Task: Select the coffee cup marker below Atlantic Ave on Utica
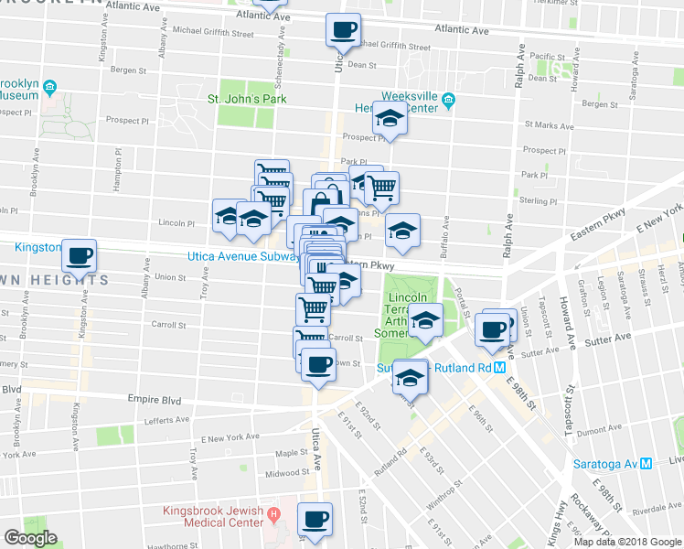point(344,29)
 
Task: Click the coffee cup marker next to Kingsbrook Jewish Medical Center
point(316,519)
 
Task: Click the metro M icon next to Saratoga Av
point(647,463)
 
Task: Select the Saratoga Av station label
point(606,463)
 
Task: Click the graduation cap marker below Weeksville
point(390,120)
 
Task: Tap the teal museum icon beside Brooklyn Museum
point(48,88)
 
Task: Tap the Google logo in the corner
point(31,538)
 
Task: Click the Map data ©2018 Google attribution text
point(627,542)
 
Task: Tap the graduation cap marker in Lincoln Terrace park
point(424,321)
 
